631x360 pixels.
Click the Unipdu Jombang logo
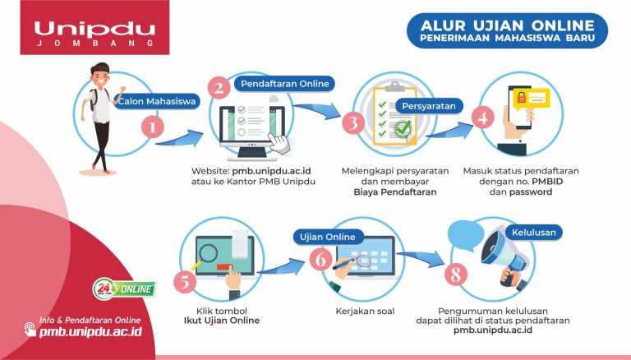point(94,33)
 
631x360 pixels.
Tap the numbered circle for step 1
point(154,127)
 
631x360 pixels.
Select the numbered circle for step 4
point(484,117)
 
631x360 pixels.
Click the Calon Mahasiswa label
point(157,102)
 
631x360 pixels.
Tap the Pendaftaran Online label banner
point(283,83)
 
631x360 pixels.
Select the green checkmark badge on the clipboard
point(401,129)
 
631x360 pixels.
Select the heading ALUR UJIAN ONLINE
point(505,22)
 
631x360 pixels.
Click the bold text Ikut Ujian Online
point(221,320)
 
